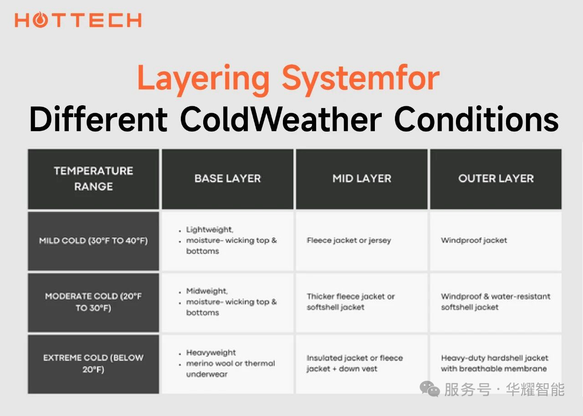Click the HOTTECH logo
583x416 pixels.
[x=78, y=20]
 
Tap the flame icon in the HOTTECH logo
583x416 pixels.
[x=41, y=20]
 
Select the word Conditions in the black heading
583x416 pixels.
[x=476, y=119]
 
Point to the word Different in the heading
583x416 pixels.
[x=99, y=119]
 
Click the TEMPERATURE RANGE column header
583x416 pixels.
[x=93, y=179]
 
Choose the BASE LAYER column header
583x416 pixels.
[x=227, y=179]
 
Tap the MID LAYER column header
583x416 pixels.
[x=362, y=179]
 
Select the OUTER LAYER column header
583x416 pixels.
[x=496, y=179]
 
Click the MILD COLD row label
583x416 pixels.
[x=93, y=241]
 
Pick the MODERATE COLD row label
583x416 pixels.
[x=93, y=302]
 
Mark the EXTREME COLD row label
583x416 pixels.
[x=93, y=364]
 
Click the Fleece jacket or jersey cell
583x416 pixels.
[x=349, y=241]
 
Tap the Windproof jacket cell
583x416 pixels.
[x=474, y=241]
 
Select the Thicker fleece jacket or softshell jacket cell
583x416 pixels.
[x=351, y=302]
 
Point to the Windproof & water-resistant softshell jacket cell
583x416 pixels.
[x=496, y=302]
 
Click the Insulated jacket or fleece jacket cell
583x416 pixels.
[x=355, y=364]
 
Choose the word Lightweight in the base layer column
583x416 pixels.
[x=210, y=230]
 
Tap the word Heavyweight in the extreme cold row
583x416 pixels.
[x=211, y=353]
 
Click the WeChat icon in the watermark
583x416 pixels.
[x=430, y=389]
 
